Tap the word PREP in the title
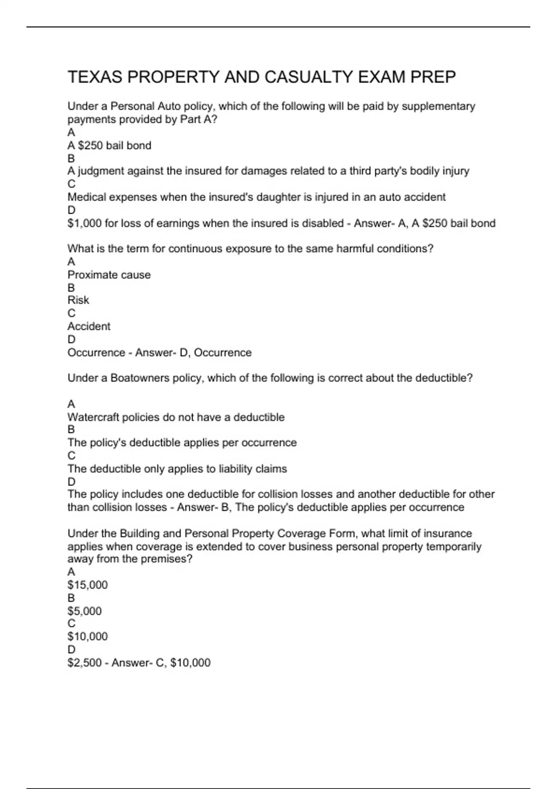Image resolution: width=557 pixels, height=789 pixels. pos(433,77)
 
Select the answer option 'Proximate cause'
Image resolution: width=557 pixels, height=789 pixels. pos(109,275)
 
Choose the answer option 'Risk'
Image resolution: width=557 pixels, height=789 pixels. pos(78,300)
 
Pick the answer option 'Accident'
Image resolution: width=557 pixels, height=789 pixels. pos(89,326)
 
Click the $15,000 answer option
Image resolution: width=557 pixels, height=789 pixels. pos(88,585)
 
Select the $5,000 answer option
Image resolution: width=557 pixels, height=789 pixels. pos(84,611)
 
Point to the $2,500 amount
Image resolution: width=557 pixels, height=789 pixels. pos(84,662)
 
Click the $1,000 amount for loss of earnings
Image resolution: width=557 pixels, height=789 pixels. pos(84,223)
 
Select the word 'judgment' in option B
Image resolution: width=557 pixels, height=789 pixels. pos(102,171)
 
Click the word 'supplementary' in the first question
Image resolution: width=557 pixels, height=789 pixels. pos(438,106)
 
